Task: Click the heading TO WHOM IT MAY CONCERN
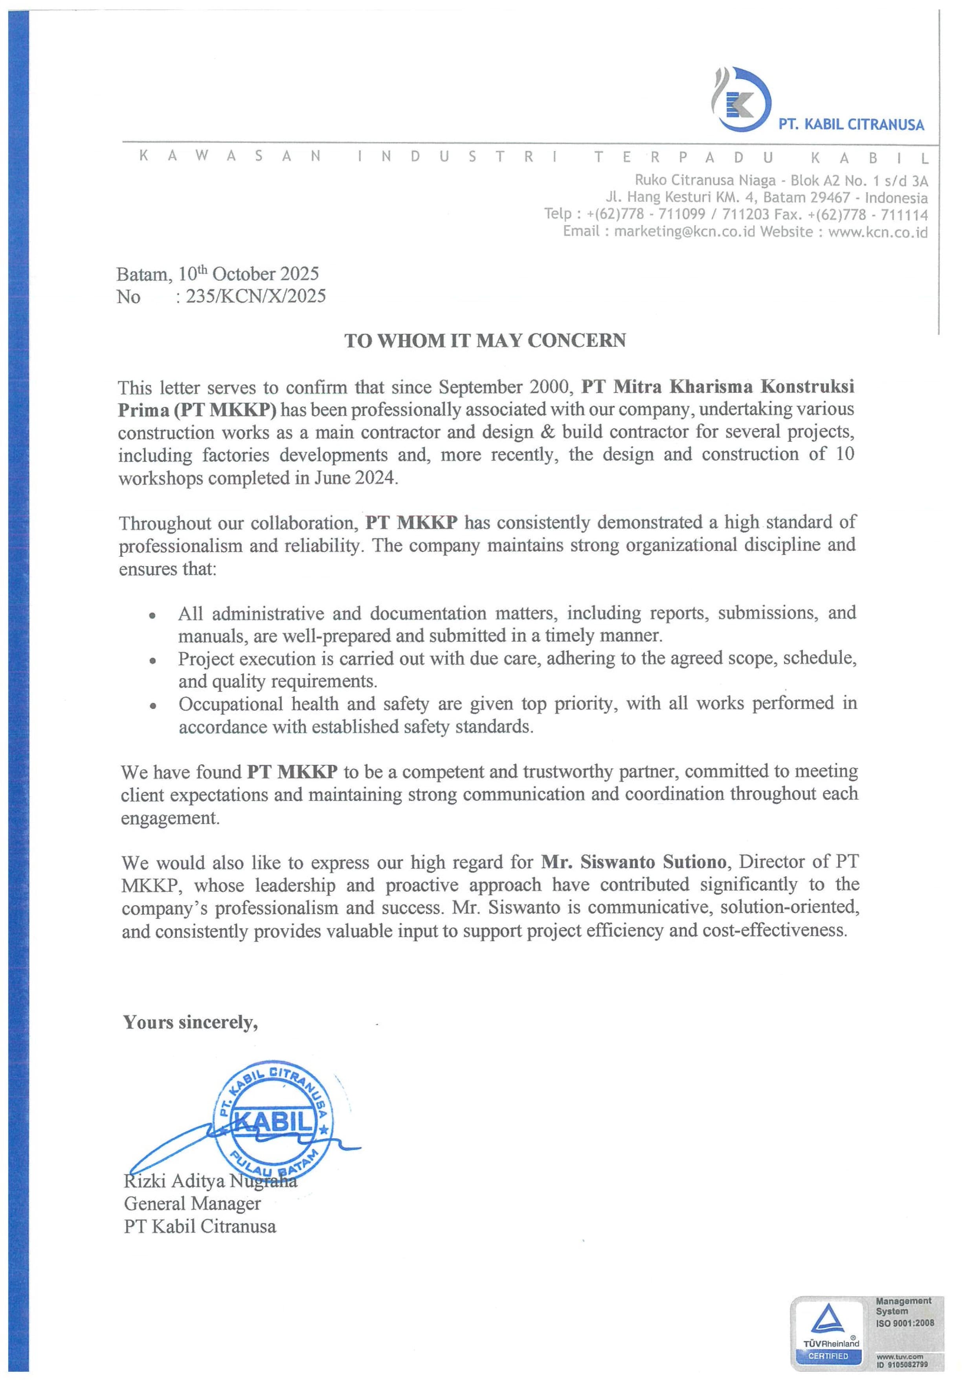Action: click(485, 341)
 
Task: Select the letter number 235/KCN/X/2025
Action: click(256, 296)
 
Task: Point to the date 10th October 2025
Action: click(249, 274)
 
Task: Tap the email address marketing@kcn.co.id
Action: click(684, 232)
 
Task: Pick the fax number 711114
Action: click(904, 215)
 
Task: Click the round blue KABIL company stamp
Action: click(274, 1123)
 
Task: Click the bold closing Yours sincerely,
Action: click(191, 1022)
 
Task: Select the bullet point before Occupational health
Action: click(153, 706)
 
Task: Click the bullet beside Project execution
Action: click(153, 661)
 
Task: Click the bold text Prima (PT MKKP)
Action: click(197, 410)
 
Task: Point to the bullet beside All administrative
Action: click(153, 615)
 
